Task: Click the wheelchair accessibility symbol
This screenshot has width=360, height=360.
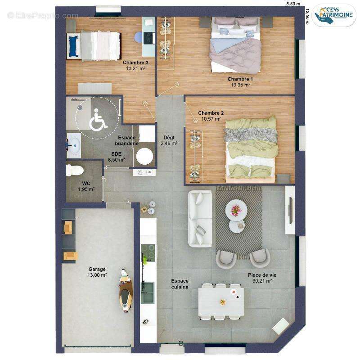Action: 98,120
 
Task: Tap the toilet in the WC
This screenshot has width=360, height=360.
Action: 74,171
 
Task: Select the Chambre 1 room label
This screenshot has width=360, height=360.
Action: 240,79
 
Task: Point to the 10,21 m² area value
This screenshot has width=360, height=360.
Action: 135,68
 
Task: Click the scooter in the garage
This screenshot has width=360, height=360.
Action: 126,290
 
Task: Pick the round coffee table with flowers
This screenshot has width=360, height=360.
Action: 236,210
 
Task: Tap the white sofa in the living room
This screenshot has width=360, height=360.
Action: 200,219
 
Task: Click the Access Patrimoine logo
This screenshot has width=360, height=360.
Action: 333,15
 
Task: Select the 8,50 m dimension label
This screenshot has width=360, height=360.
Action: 293,4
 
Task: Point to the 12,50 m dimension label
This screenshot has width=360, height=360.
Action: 307,16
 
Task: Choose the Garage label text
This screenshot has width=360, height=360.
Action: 97,269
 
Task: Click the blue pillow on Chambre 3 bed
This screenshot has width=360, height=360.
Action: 73,46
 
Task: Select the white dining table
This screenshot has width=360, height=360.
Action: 221,301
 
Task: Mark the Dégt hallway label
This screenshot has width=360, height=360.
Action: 169,138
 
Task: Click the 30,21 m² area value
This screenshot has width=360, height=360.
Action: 262,281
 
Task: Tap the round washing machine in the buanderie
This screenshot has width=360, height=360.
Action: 144,156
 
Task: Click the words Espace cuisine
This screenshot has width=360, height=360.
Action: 180,284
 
